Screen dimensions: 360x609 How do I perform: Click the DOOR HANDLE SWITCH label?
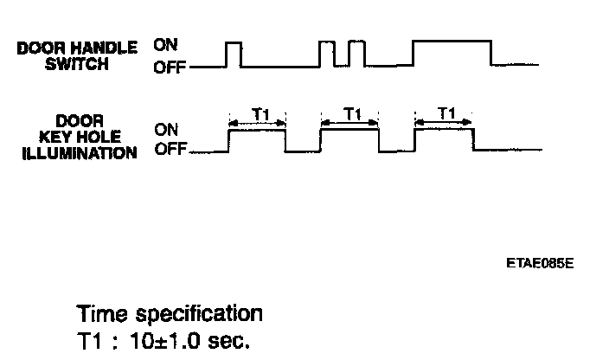tap(77, 55)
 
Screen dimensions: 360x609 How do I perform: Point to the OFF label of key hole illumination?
tap(170, 150)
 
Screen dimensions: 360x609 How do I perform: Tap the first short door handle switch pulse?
tap(233, 54)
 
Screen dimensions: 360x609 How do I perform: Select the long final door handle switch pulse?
tap(452, 53)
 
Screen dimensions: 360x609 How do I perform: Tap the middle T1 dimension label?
tap(352, 113)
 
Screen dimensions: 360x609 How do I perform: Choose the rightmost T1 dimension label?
tap(447, 113)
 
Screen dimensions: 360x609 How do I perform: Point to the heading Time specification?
tap(169, 312)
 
